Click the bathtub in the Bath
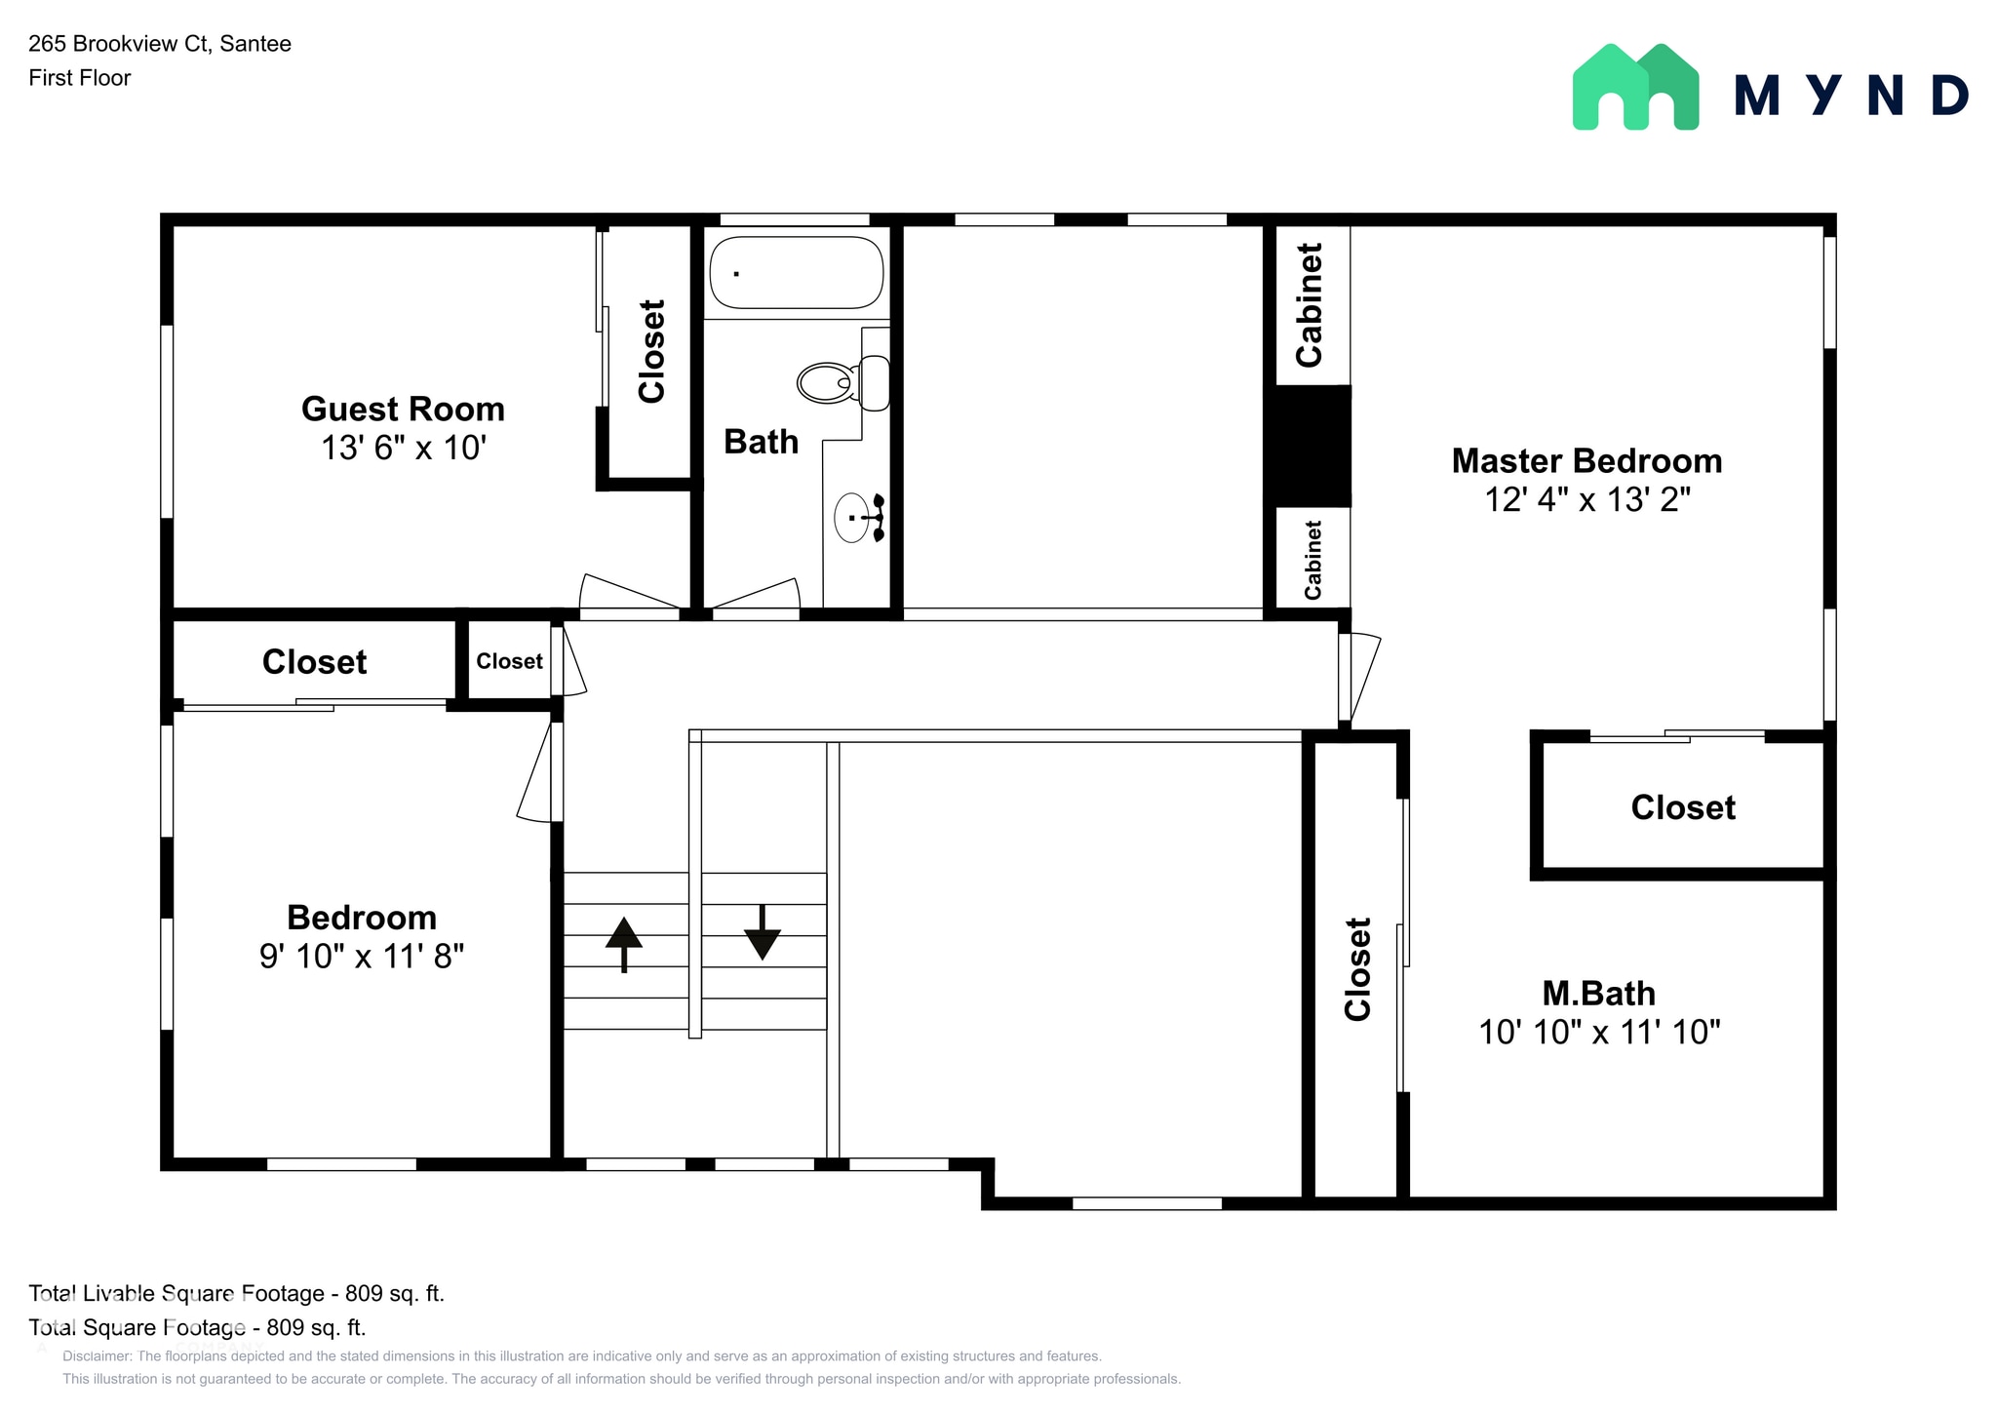(796, 273)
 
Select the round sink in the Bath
(852, 517)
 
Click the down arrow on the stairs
(762, 932)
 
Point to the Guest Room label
(403, 409)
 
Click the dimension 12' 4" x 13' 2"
(1586, 499)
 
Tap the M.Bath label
(1598, 993)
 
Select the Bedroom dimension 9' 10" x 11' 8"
(361, 956)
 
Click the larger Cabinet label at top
(1310, 304)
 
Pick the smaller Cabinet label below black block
(1313, 560)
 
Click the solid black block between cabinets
(1307, 446)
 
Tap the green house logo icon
(1635, 88)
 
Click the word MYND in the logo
(1851, 96)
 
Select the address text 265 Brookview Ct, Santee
(160, 44)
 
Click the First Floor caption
(79, 78)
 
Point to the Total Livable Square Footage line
(236, 1293)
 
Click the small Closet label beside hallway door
(509, 661)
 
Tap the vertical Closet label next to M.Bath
(1358, 968)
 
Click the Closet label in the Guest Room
(651, 351)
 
